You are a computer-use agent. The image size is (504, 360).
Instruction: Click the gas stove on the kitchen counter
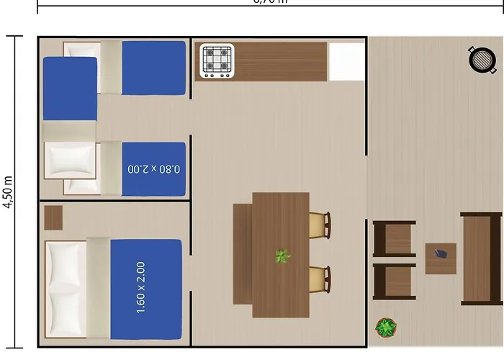point(217,61)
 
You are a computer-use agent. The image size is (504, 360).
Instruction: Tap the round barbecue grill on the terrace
point(482,59)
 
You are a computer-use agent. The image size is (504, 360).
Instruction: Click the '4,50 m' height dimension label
point(8,192)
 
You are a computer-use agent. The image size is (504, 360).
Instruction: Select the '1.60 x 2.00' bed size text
point(141,287)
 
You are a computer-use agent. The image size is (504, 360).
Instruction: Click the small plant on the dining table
point(282,256)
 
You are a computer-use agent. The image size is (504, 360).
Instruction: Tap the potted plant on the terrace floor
point(386,328)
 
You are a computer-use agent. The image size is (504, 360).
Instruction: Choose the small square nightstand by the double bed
point(53,217)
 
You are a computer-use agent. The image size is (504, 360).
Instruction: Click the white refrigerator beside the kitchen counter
point(346,62)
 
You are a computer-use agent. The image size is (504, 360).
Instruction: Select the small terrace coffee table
point(441,258)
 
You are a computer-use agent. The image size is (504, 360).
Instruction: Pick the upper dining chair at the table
point(320,225)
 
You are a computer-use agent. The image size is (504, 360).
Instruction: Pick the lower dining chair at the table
point(320,281)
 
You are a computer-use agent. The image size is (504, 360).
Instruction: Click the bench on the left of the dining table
point(243,253)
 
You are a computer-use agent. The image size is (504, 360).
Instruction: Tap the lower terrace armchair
point(393,282)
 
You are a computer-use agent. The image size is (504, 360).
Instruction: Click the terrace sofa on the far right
point(481,258)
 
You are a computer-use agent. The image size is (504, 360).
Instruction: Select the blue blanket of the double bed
point(145,288)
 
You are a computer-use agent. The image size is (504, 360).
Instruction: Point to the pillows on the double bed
point(66,289)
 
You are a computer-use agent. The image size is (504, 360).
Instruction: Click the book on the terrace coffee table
point(441,254)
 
